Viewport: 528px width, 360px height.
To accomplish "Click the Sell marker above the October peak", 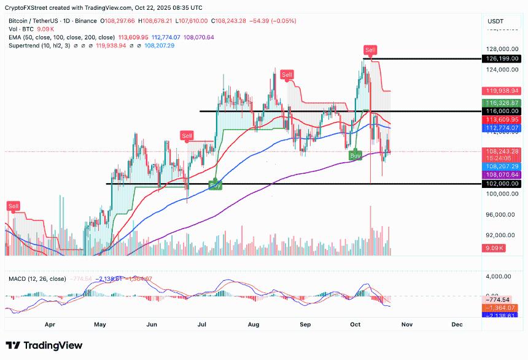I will [370, 49].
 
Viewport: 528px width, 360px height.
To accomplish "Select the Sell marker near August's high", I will [287, 75].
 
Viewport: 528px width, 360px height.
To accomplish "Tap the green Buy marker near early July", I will [215, 184].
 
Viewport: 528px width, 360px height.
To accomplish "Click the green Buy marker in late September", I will [355, 156].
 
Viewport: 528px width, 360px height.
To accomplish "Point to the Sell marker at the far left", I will [13, 205].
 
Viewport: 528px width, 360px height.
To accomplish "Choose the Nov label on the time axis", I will [406, 323].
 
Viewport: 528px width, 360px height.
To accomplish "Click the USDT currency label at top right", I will [495, 21].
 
